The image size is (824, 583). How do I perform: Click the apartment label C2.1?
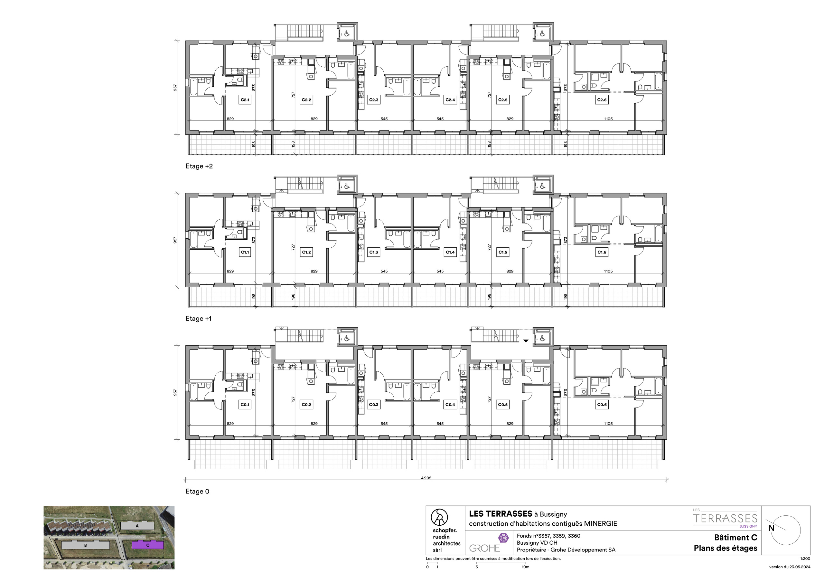(x=245, y=100)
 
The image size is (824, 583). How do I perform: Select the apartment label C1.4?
(x=450, y=252)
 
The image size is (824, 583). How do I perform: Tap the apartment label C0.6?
(x=602, y=405)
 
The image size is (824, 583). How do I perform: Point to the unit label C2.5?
(x=503, y=100)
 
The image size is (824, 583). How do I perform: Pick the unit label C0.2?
(x=306, y=405)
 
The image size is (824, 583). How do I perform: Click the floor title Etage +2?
(x=199, y=166)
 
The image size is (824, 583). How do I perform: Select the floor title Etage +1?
(x=199, y=319)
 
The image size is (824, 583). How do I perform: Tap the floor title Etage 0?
(x=197, y=492)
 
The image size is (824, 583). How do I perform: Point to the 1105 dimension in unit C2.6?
(x=608, y=119)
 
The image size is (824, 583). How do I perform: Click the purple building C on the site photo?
(x=148, y=545)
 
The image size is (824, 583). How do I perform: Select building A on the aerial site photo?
(x=137, y=526)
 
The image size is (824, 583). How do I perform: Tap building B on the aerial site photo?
(x=85, y=545)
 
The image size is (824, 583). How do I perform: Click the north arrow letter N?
(x=771, y=528)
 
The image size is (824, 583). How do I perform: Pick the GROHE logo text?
(x=484, y=548)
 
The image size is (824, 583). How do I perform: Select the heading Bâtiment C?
(x=736, y=538)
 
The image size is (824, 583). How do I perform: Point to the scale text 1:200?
(x=805, y=559)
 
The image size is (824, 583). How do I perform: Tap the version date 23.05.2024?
(x=800, y=567)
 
